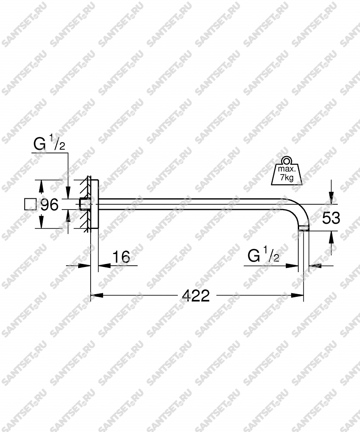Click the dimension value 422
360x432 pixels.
click(x=196, y=296)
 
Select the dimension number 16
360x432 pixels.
click(x=121, y=257)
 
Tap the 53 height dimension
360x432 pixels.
click(x=331, y=218)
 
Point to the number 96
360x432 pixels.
click(x=50, y=204)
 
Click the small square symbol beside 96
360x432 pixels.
click(x=30, y=204)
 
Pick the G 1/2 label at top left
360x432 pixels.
click(x=49, y=144)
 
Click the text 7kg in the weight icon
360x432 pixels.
click(x=287, y=178)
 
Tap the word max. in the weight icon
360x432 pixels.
click(x=287, y=168)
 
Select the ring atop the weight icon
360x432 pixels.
click(x=287, y=160)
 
